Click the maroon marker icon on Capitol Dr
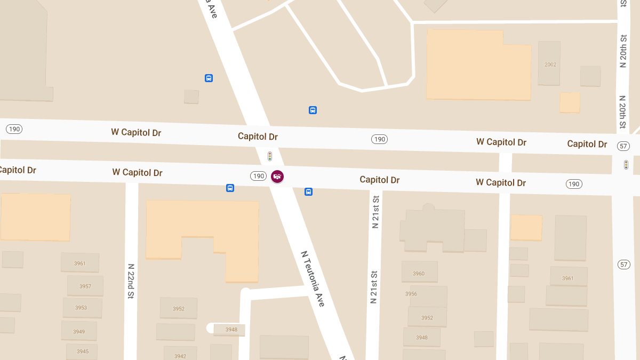[x=277, y=176]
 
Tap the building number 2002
[x=550, y=65]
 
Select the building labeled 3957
[x=85, y=286]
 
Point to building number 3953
[x=81, y=308]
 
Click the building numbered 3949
[x=79, y=332]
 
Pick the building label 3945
[x=82, y=351]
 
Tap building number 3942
[x=180, y=356]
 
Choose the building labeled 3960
[x=419, y=274]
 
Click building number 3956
[x=411, y=294]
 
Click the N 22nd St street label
[x=131, y=281]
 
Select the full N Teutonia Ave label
[x=313, y=278]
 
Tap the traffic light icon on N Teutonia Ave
[x=270, y=156]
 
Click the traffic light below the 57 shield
[x=626, y=165]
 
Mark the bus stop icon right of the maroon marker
[x=308, y=191]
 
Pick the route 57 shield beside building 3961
[x=624, y=265]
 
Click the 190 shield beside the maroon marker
[x=259, y=176]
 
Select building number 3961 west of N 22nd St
[x=80, y=263]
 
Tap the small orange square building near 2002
[x=570, y=102]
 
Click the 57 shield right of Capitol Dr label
[x=623, y=146]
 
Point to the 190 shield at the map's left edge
[x=14, y=129]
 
